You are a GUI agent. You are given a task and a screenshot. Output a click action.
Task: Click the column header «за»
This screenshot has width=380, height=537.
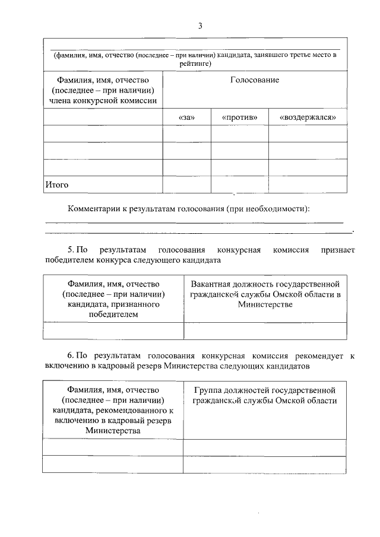tap(186, 117)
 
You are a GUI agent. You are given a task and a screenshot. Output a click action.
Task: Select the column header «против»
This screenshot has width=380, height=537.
tap(239, 117)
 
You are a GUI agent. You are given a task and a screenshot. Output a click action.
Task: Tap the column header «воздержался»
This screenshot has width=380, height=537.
tap(308, 117)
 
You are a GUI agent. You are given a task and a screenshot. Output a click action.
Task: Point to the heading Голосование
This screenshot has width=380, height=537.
tap(255, 80)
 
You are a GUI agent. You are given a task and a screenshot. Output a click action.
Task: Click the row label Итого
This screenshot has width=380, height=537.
tap(57, 185)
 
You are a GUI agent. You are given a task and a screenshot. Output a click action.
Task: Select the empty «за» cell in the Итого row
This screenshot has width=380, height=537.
tap(186, 185)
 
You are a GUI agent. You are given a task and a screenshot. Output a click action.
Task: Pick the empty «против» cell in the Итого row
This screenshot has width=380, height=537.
tap(239, 185)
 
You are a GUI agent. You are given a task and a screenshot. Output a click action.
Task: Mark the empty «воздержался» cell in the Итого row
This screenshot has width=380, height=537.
tap(308, 185)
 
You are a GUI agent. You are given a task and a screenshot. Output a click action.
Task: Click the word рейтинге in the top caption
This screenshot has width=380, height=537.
tap(195, 62)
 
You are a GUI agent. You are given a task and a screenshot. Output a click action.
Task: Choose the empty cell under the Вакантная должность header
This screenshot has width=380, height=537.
tap(265, 331)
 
